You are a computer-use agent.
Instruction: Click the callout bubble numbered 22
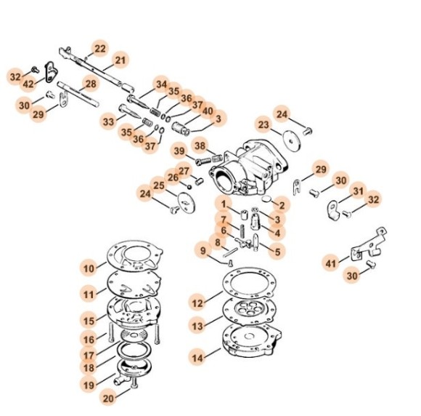[100, 49]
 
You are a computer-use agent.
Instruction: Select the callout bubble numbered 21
[120, 60]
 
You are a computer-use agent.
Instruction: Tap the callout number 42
[28, 85]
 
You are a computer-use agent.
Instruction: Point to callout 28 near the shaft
[90, 85]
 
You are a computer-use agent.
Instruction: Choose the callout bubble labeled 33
[108, 122]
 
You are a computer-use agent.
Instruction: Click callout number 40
[208, 111]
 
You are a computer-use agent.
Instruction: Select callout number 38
[200, 144]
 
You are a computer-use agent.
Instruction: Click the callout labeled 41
[332, 262]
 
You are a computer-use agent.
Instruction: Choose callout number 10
[89, 268]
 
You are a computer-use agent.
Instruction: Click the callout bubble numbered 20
[108, 398]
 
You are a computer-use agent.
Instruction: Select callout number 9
[203, 251]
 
